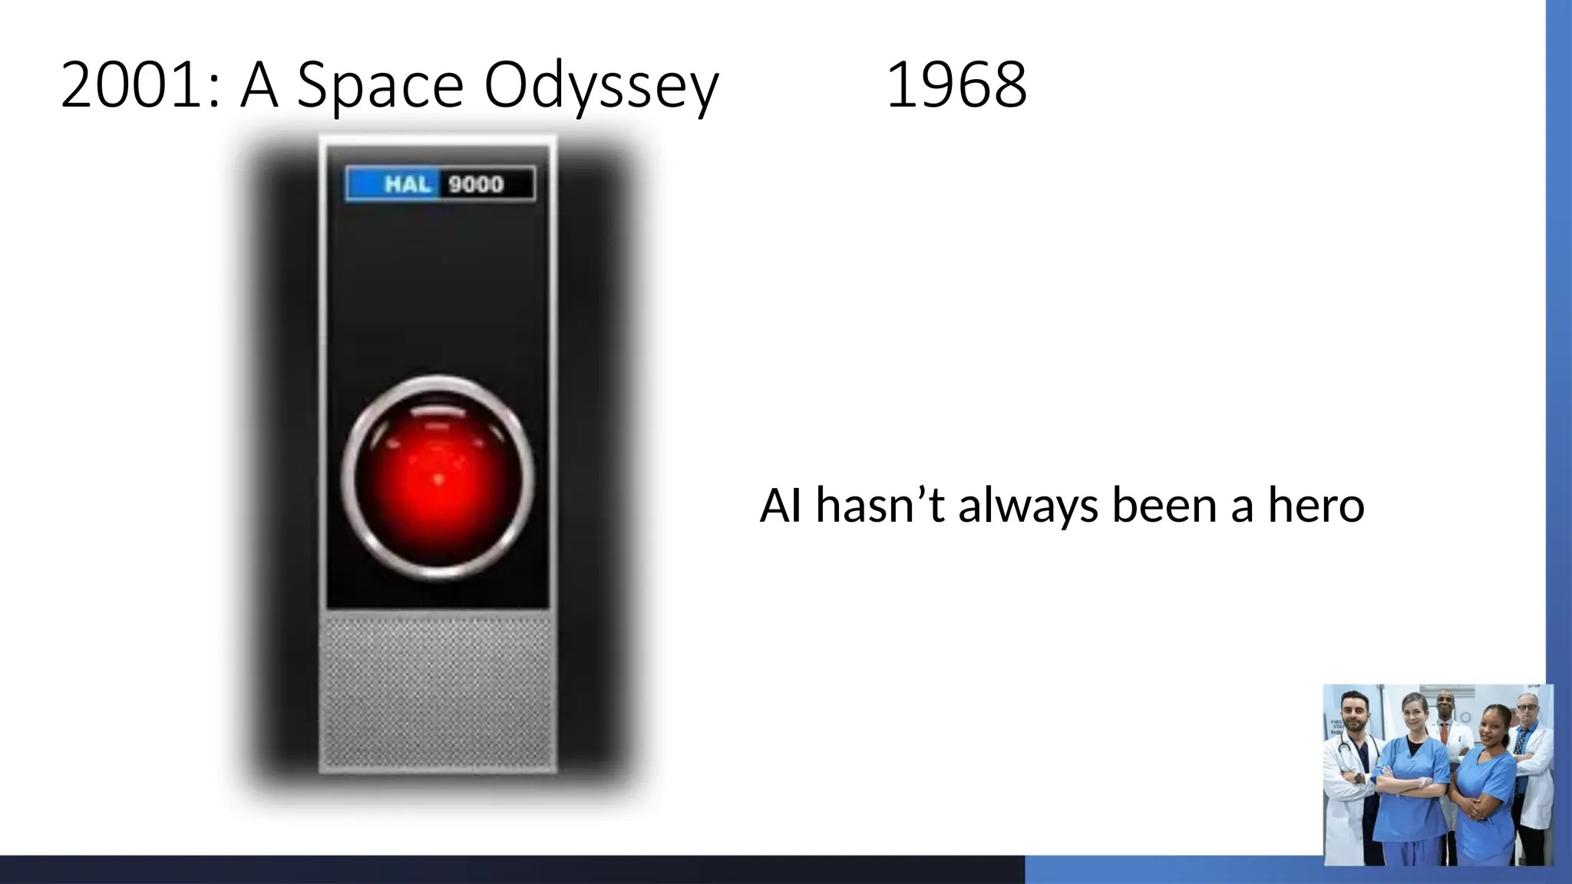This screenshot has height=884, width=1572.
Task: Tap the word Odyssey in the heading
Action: point(601,86)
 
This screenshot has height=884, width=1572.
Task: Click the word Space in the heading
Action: point(379,86)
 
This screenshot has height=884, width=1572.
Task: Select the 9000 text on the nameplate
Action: point(476,184)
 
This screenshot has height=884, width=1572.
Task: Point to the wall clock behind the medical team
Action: point(1465,717)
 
